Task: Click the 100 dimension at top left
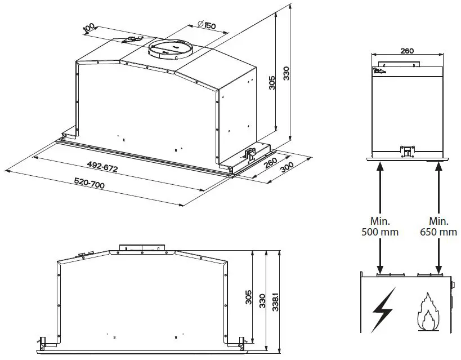pyautogui.click(x=88, y=28)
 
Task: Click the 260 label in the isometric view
pyautogui.click(x=270, y=162)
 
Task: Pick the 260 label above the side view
pyautogui.click(x=406, y=51)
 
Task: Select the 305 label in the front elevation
pyautogui.click(x=248, y=297)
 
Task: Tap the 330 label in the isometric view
pyautogui.click(x=286, y=74)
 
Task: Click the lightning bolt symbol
pyautogui.click(x=383, y=309)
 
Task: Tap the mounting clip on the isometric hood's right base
pyautogui.click(x=250, y=153)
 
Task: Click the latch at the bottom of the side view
pyautogui.click(x=406, y=150)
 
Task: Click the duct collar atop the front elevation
pyautogui.click(x=142, y=248)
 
